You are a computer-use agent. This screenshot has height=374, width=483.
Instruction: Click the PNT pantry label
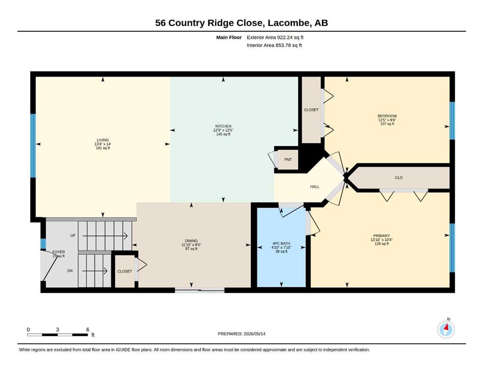point(287,159)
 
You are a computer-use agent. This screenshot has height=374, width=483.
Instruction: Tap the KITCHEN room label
point(223,126)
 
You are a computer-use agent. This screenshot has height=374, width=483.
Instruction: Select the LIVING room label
point(103,140)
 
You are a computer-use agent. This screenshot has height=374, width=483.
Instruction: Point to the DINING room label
point(191,241)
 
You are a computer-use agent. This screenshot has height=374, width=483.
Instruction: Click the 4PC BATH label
point(281,243)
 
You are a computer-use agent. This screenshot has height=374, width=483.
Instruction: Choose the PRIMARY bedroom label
point(382,236)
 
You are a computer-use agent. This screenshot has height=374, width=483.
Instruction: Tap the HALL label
point(315,187)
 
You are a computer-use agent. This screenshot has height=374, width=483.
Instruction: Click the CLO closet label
point(398,178)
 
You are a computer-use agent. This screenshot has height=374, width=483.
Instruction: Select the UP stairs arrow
point(105,236)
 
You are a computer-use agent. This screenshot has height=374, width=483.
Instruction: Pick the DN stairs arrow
point(94,271)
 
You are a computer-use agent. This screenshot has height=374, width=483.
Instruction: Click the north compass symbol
point(446,329)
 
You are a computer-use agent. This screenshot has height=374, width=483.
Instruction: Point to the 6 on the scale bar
point(88,329)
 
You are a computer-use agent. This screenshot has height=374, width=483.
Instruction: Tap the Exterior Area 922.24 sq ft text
point(275,37)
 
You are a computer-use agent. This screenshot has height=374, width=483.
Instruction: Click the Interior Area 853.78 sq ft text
point(274,45)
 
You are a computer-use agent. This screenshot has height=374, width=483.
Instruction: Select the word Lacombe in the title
point(289,23)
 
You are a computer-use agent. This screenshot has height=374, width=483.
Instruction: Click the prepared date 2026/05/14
point(254,334)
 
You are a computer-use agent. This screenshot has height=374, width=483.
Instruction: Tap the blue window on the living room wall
point(33,146)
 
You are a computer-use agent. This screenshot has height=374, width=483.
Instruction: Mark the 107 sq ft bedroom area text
point(387,124)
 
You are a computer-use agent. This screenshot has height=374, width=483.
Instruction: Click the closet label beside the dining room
point(125,271)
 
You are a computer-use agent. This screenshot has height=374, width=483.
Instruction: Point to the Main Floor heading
point(229,37)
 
